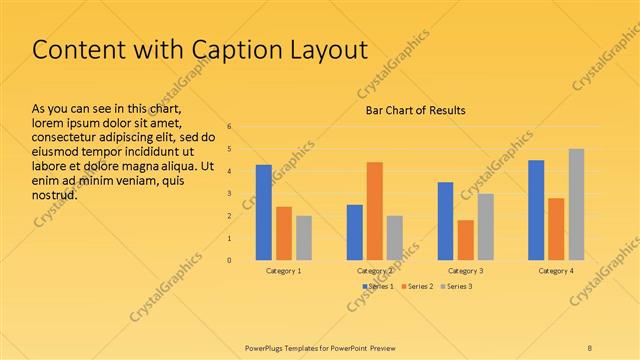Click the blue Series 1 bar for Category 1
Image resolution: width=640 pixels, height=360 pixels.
click(264, 212)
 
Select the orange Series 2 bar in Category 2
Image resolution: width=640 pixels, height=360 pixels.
click(375, 211)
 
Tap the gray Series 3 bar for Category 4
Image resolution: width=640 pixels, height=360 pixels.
click(577, 204)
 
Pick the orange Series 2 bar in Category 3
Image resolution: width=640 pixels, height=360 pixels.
click(465, 240)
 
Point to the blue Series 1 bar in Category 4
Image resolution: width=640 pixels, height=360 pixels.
click(536, 210)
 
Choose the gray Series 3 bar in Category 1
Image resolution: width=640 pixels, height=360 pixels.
click(304, 238)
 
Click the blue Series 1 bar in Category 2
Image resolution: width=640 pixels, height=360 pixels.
click(355, 232)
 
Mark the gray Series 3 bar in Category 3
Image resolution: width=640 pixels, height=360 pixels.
click(485, 227)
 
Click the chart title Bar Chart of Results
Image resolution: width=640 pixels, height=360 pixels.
click(415, 110)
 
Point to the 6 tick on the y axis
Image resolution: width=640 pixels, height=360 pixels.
click(230, 127)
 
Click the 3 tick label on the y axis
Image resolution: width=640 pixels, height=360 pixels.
click(230, 194)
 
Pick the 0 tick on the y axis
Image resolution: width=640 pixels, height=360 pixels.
click(230, 260)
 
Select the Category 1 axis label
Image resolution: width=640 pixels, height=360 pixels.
click(284, 271)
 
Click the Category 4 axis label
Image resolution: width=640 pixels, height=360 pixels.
click(556, 271)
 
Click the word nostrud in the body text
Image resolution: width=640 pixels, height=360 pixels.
click(56, 194)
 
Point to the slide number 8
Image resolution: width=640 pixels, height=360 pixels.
click(590, 348)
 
